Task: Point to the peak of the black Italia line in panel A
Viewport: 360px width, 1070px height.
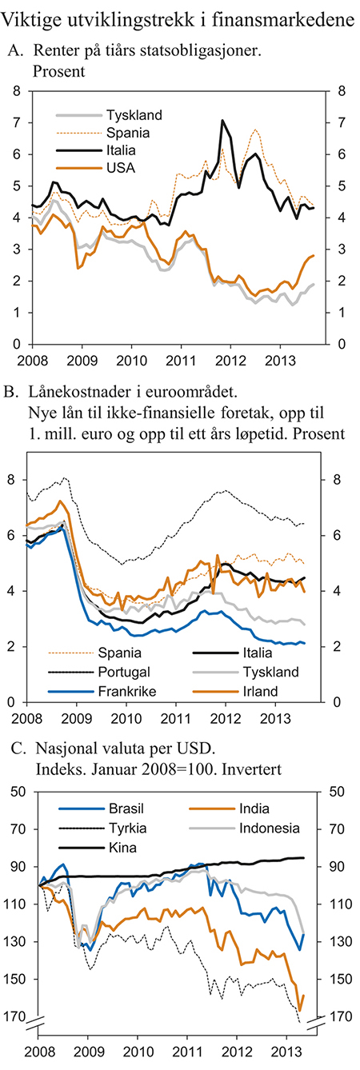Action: click(x=222, y=121)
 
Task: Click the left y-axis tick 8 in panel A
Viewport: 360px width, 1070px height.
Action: click(x=16, y=91)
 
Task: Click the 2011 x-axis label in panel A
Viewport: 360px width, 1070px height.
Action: click(x=181, y=359)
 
